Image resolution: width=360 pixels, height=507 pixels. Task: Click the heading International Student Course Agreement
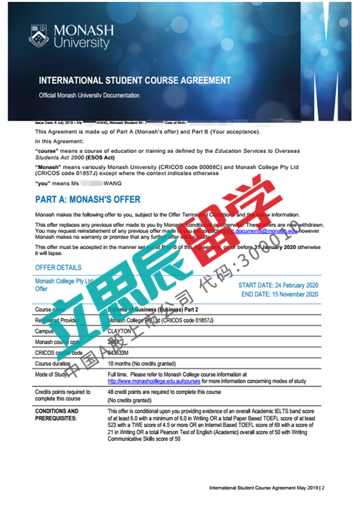(134, 81)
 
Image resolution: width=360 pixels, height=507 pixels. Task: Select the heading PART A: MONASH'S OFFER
(88, 199)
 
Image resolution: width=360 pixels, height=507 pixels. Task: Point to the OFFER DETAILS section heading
(58, 267)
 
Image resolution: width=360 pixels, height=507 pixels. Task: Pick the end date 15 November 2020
(279, 294)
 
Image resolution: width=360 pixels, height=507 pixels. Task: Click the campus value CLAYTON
(123, 330)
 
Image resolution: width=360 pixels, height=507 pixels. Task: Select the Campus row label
(46, 330)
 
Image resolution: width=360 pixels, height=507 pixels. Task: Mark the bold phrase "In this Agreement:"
(59, 141)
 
